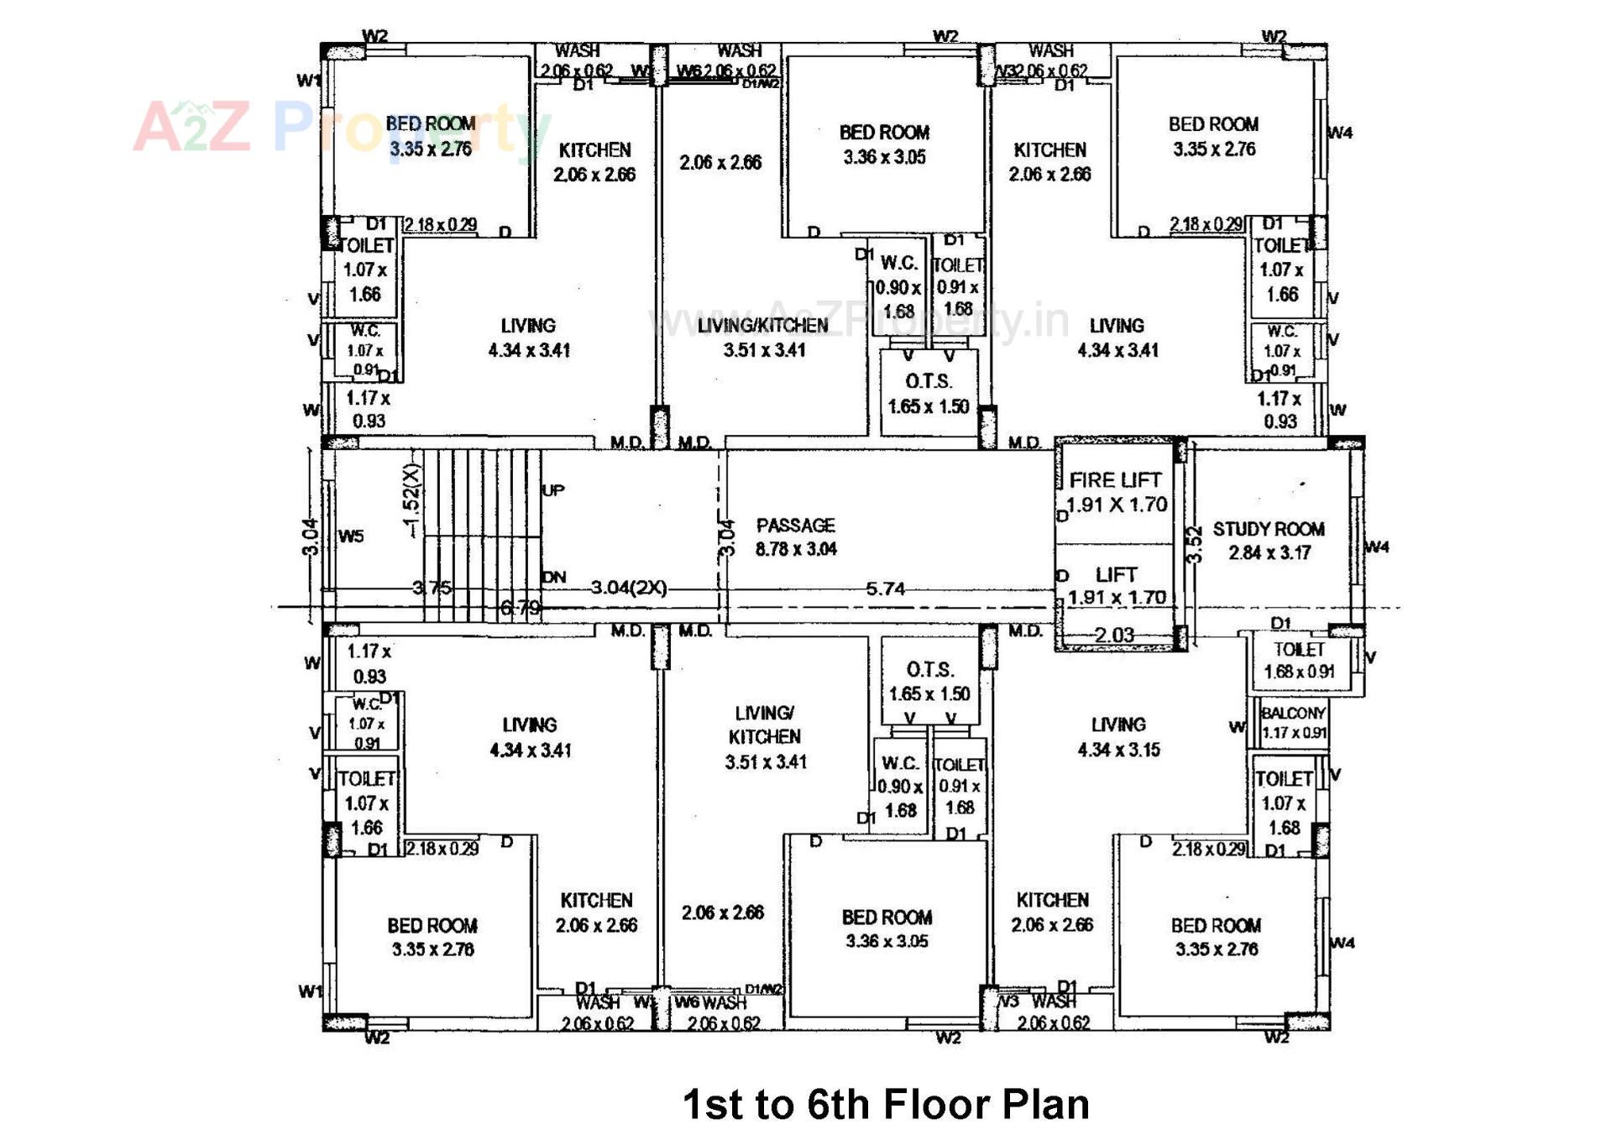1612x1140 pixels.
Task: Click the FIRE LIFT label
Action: click(x=1115, y=480)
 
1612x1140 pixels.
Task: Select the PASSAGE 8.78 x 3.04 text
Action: click(x=795, y=537)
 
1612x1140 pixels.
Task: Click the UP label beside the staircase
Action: click(x=553, y=490)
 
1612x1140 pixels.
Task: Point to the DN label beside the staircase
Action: click(x=554, y=578)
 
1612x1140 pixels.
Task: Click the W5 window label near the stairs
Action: click(x=351, y=536)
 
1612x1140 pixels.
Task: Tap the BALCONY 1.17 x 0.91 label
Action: click(x=1293, y=722)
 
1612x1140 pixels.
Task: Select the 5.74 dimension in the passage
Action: click(x=885, y=589)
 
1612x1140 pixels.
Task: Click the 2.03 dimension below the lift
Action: click(x=1114, y=635)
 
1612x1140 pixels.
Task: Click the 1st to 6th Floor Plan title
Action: click(x=885, y=1103)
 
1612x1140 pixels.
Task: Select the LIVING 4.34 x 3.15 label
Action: click(x=1118, y=737)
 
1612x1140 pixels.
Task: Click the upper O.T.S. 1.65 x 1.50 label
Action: click(x=929, y=394)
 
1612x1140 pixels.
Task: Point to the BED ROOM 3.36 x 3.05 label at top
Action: click(x=884, y=144)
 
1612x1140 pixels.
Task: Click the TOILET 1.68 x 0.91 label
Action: click(x=1298, y=661)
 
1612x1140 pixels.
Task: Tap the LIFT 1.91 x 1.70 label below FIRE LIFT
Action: click(x=1116, y=585)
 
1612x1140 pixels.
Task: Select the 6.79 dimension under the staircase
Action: click(x=521, y=608)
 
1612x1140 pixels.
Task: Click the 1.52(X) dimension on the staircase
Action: click(x=411, y=500)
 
